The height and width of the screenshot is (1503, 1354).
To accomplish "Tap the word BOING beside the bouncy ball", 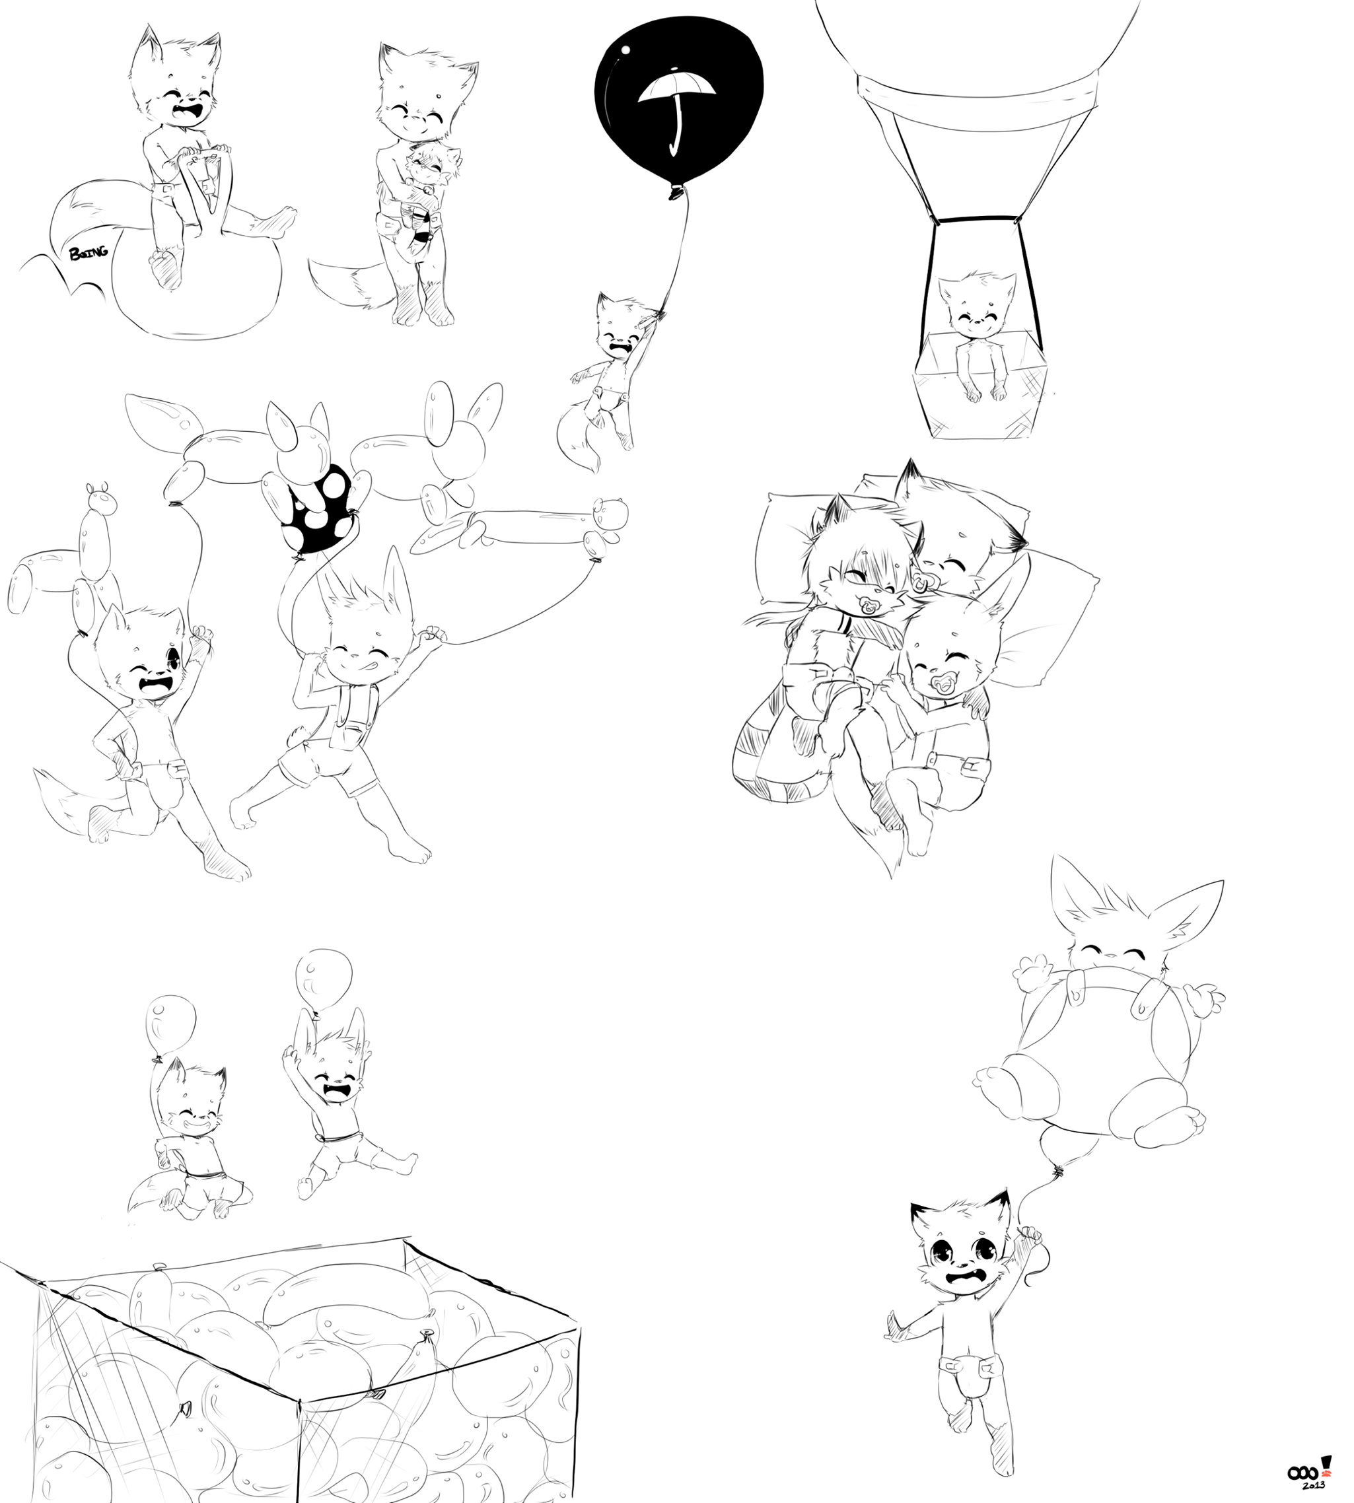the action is click(x=89, y=252).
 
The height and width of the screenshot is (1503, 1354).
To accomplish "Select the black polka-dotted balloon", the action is click(x=317, y=508).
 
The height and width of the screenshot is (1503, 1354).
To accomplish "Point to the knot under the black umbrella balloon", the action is click(x=676, y=194).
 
